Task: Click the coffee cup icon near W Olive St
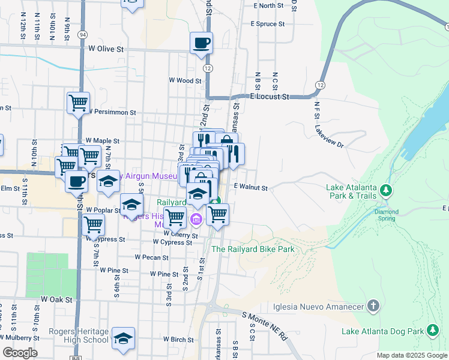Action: coord(201,43)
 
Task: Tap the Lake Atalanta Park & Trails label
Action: coord(352,191)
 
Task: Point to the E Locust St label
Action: coord(270,96)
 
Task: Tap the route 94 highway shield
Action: coord(82,35)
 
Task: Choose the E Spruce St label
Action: coord(268,24)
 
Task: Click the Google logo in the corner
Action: coord(20,353)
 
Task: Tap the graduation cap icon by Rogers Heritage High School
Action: coord(123,338)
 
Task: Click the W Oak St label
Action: coord(56,299)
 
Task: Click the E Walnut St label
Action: coord(250,187)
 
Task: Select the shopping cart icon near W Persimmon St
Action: coord(78,103)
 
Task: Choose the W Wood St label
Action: coord(185,80)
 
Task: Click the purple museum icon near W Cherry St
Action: coord(196,220)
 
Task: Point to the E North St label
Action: coord(268,5)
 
